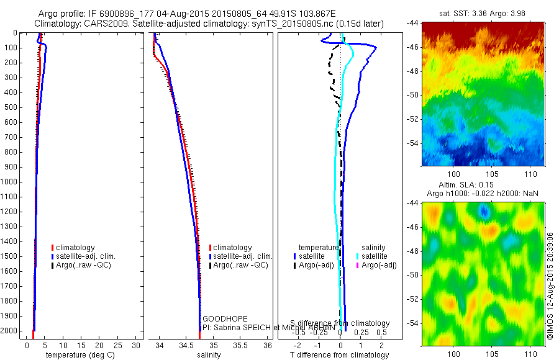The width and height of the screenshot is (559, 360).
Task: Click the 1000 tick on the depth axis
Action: coord(12,182)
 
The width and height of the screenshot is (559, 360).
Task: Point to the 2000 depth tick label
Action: coord(12,331)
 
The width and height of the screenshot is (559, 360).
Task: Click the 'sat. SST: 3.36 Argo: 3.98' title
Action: coord(483,14)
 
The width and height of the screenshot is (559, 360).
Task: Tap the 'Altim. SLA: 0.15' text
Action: coord(483,186)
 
